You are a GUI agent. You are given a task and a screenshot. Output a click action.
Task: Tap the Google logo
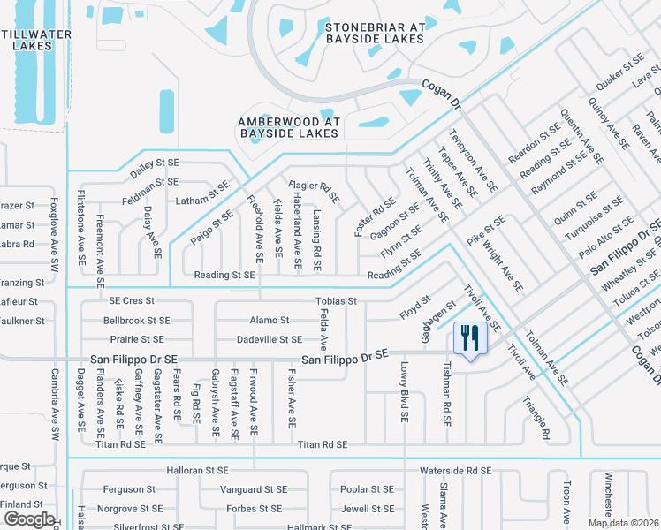point(28,519)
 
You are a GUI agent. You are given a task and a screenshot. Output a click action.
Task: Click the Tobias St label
point(336,301)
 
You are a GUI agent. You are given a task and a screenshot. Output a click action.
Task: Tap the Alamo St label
point(270,320)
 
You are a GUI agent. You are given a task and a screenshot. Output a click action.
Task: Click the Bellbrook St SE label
point(136,320)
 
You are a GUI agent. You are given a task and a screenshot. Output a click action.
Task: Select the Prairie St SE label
point(133,339)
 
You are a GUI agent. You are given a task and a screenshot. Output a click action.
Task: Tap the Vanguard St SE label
point(253,488)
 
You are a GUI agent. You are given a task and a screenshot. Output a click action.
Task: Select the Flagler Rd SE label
point(315,190)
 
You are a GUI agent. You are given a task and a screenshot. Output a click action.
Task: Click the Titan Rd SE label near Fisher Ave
point(323,444)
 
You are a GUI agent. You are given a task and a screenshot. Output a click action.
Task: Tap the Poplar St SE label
point(367,488)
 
